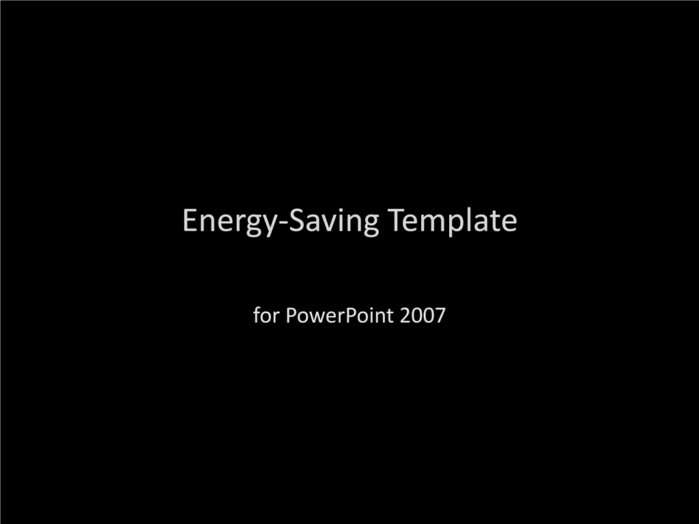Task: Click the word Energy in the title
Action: point(229,221)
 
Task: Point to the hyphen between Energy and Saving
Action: point(283,223)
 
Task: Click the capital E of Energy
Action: point(190,220)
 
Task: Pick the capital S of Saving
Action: point(296,220)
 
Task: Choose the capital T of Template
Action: point(396,220)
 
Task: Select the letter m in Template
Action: point(432,222)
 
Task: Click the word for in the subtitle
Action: point(266,315)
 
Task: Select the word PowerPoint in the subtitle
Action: point(340,316)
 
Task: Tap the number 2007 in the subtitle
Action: point(423,315)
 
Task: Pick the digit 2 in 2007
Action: point(405,315)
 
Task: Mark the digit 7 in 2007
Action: point(440,315)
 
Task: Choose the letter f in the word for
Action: point(257,315)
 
